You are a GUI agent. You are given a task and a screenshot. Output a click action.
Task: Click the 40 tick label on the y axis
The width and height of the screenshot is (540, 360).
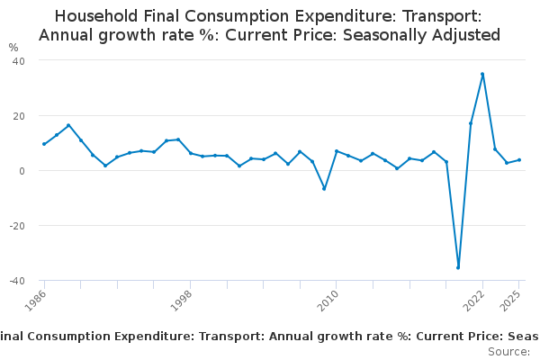(18, 60)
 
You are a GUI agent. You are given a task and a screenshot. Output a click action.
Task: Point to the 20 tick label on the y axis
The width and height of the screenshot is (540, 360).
(18, 116)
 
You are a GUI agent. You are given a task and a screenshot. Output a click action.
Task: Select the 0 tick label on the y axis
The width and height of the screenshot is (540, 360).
(21, 171)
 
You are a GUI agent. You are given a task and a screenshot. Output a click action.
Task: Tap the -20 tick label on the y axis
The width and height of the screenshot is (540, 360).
(16, 226)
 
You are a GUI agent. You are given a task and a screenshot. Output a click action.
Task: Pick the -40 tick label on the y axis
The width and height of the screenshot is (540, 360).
(16, 281)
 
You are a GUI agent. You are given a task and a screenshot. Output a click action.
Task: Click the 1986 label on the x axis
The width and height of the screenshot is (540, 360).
(36, 299)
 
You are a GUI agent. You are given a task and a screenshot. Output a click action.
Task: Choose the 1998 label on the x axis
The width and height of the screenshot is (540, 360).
(182, 299)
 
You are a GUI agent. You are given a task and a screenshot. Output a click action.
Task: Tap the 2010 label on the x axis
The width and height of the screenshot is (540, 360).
(328, 299)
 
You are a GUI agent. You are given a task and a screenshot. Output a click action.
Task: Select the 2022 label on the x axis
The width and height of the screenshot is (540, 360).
(474, 299)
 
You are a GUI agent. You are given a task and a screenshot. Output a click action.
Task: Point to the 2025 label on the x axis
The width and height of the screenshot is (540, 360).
(511, 299)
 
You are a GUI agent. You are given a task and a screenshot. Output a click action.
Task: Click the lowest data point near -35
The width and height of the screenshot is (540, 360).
(458, 267)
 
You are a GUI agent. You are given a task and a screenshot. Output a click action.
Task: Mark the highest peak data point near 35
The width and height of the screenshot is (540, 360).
(482, 74)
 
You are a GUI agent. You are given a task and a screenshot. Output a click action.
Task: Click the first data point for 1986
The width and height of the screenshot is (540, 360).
(44, 144)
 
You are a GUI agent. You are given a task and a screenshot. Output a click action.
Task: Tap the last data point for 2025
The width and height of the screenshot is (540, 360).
(519, 160)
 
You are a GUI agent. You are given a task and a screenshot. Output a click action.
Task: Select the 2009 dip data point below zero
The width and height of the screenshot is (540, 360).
(324, 188)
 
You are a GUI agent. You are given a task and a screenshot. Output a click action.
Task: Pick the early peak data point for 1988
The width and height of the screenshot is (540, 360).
(68, 125)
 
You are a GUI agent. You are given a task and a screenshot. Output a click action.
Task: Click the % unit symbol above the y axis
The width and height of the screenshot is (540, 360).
(13, 47)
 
